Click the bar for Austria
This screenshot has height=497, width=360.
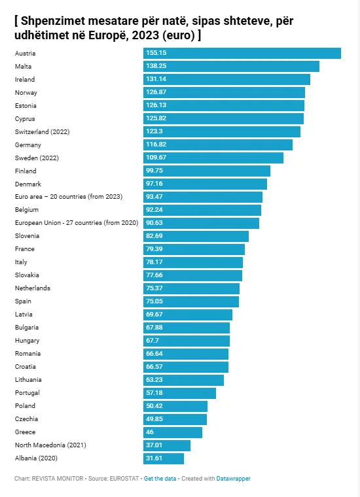(x=242, y=53)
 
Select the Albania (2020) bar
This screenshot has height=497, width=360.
(x=164, y=458)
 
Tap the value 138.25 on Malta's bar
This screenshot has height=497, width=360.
(x=156, y=66)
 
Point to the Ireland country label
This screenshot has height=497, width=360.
(x=25, y=80)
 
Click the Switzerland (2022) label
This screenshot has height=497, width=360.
(x=42, y=132)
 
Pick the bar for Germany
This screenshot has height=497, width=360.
(x=218, y=145)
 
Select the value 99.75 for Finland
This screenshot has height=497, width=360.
(x=154, y=171)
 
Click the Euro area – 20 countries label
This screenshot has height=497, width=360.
(x=69, y=197)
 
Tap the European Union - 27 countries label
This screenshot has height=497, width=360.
(x=77, y=223)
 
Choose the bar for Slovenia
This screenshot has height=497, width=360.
(x=196, y=236)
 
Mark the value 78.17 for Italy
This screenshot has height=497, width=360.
(x=154, y=262)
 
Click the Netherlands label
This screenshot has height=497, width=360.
(x=32, y=288)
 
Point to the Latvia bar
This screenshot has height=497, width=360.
(x=188, y=315)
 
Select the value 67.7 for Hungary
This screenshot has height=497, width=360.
(x=153, y=341)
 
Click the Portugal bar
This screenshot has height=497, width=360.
(x=179, y=393)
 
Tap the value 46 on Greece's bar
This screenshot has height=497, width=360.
(x=150, y=432)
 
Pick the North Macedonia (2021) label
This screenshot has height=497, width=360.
(x=50, y=445)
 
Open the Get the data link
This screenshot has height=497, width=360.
(x=160, y=479)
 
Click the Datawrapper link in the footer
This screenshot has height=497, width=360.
(x=233, y=479)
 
